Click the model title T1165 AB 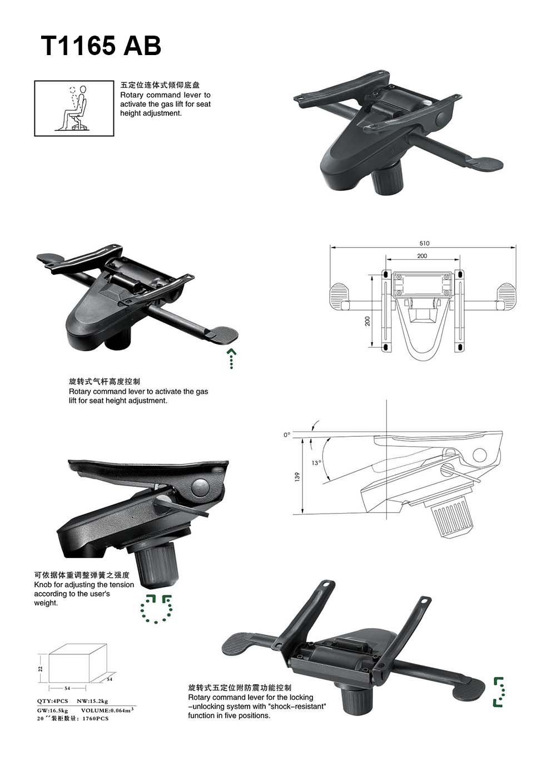101,46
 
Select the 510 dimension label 424,244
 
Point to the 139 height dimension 296,476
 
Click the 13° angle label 316,463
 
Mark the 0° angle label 287,435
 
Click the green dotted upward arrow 231,358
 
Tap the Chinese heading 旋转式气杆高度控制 105,382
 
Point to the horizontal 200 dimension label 422,256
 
